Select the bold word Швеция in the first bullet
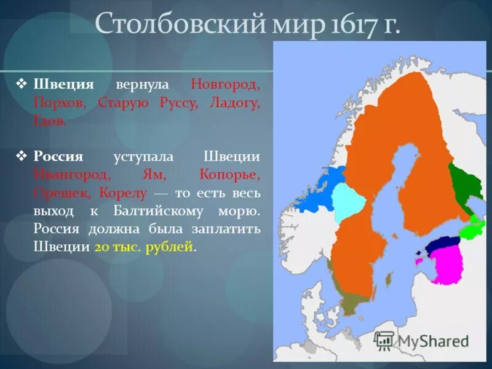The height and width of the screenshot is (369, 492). pos(63,84)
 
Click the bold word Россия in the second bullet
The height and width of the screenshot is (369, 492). pos(58,156)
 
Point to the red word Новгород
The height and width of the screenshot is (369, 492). pos(225,84)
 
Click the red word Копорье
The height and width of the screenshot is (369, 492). pos(230,175)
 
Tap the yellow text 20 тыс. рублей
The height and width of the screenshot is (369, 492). pos(144,247)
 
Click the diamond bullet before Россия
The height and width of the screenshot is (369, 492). pos(23,156)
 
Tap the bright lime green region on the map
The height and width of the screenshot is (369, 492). pos(474,229)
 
